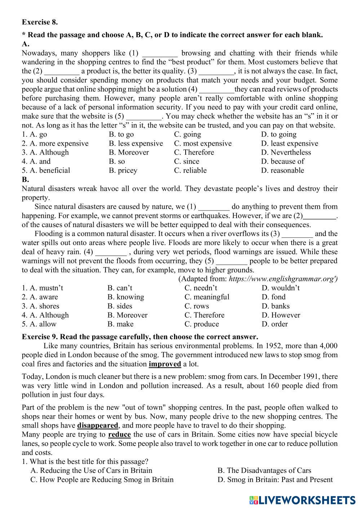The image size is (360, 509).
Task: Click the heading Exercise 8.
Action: tap(40, 22)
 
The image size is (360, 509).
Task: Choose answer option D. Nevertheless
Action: tap(286, 152)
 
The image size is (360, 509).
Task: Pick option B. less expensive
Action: tap(136, 143)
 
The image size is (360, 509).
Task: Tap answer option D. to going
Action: tap(279, 134)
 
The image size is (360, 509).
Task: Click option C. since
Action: tap(186, 161)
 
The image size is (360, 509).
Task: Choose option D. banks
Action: tap(275, 306)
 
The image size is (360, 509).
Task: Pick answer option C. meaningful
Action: tap(206, 297)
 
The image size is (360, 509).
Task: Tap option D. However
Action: tap(281, 315)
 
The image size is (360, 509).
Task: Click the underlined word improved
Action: tap(165, 364)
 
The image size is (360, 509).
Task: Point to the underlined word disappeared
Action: tap(98, 425)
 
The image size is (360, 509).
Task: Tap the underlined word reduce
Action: tap(119, 434)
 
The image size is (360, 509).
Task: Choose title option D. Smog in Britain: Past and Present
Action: tap(275, 480)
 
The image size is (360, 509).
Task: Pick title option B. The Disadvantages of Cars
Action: tap(264, 471)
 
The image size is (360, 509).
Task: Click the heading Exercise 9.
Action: tap(40, 337)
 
